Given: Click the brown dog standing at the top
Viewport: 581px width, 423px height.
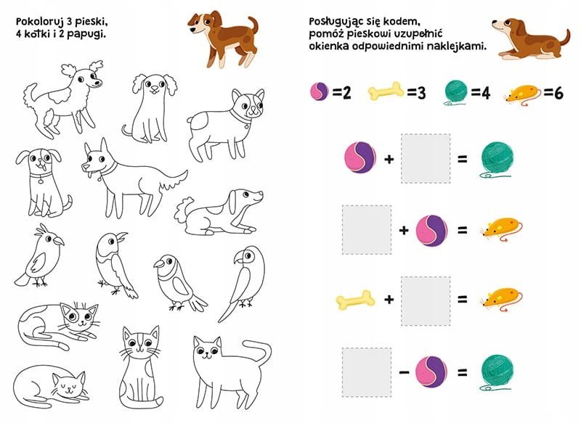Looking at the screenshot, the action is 222,38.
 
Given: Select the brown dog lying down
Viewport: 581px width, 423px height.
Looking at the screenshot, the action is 531,38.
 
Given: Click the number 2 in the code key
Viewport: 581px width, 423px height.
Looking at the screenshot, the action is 346,93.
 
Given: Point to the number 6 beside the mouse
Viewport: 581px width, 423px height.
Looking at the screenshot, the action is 558,93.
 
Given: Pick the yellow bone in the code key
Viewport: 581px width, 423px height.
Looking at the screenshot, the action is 386,91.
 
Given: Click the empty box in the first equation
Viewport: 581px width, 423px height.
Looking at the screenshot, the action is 426,158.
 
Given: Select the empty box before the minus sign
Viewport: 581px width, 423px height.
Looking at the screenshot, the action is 367,372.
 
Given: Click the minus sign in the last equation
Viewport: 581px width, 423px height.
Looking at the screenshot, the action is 404,371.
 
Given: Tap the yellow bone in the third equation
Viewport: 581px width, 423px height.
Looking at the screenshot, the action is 355,299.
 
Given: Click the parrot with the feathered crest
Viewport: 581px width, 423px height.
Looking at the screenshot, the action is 39,256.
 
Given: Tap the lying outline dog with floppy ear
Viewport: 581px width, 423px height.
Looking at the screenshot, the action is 219,213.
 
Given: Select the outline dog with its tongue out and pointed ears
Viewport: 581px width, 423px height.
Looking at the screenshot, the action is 134,178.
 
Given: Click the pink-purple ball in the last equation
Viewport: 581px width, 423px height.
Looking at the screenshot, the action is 431,371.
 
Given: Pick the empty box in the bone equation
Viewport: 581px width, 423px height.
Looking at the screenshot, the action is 426,301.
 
